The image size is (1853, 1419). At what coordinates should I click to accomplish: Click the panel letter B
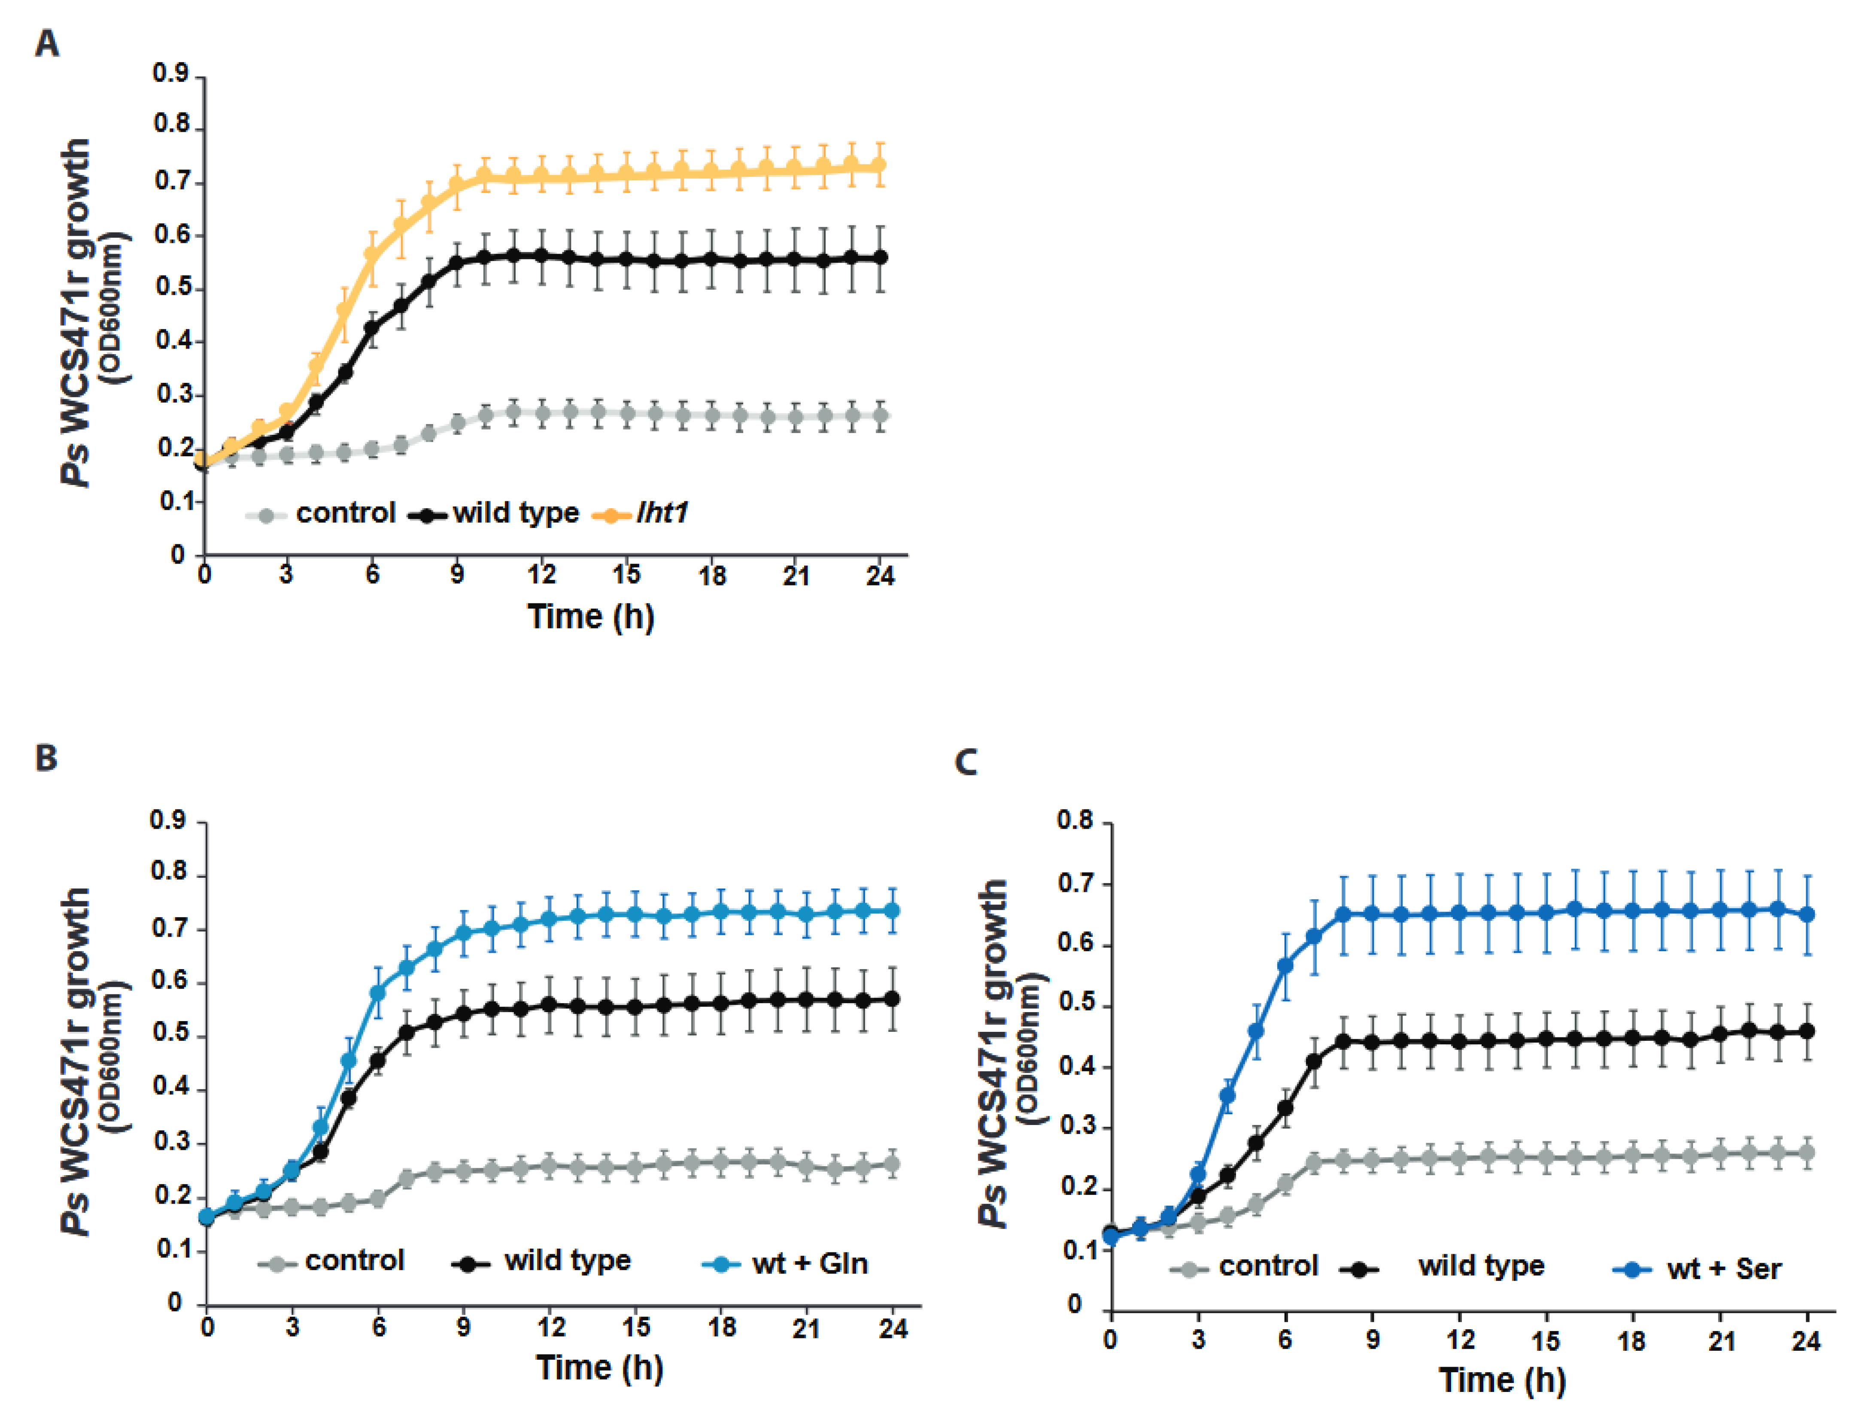[x=46, y=758]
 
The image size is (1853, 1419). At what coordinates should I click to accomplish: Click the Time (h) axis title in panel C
[x=1502, y=1380]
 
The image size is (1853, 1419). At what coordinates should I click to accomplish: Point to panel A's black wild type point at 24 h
[x=880, y=258]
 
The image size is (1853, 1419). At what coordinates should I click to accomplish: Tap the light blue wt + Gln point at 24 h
[x=891, y=910]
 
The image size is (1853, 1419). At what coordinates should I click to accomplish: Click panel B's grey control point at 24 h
[x=891, y=1164]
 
